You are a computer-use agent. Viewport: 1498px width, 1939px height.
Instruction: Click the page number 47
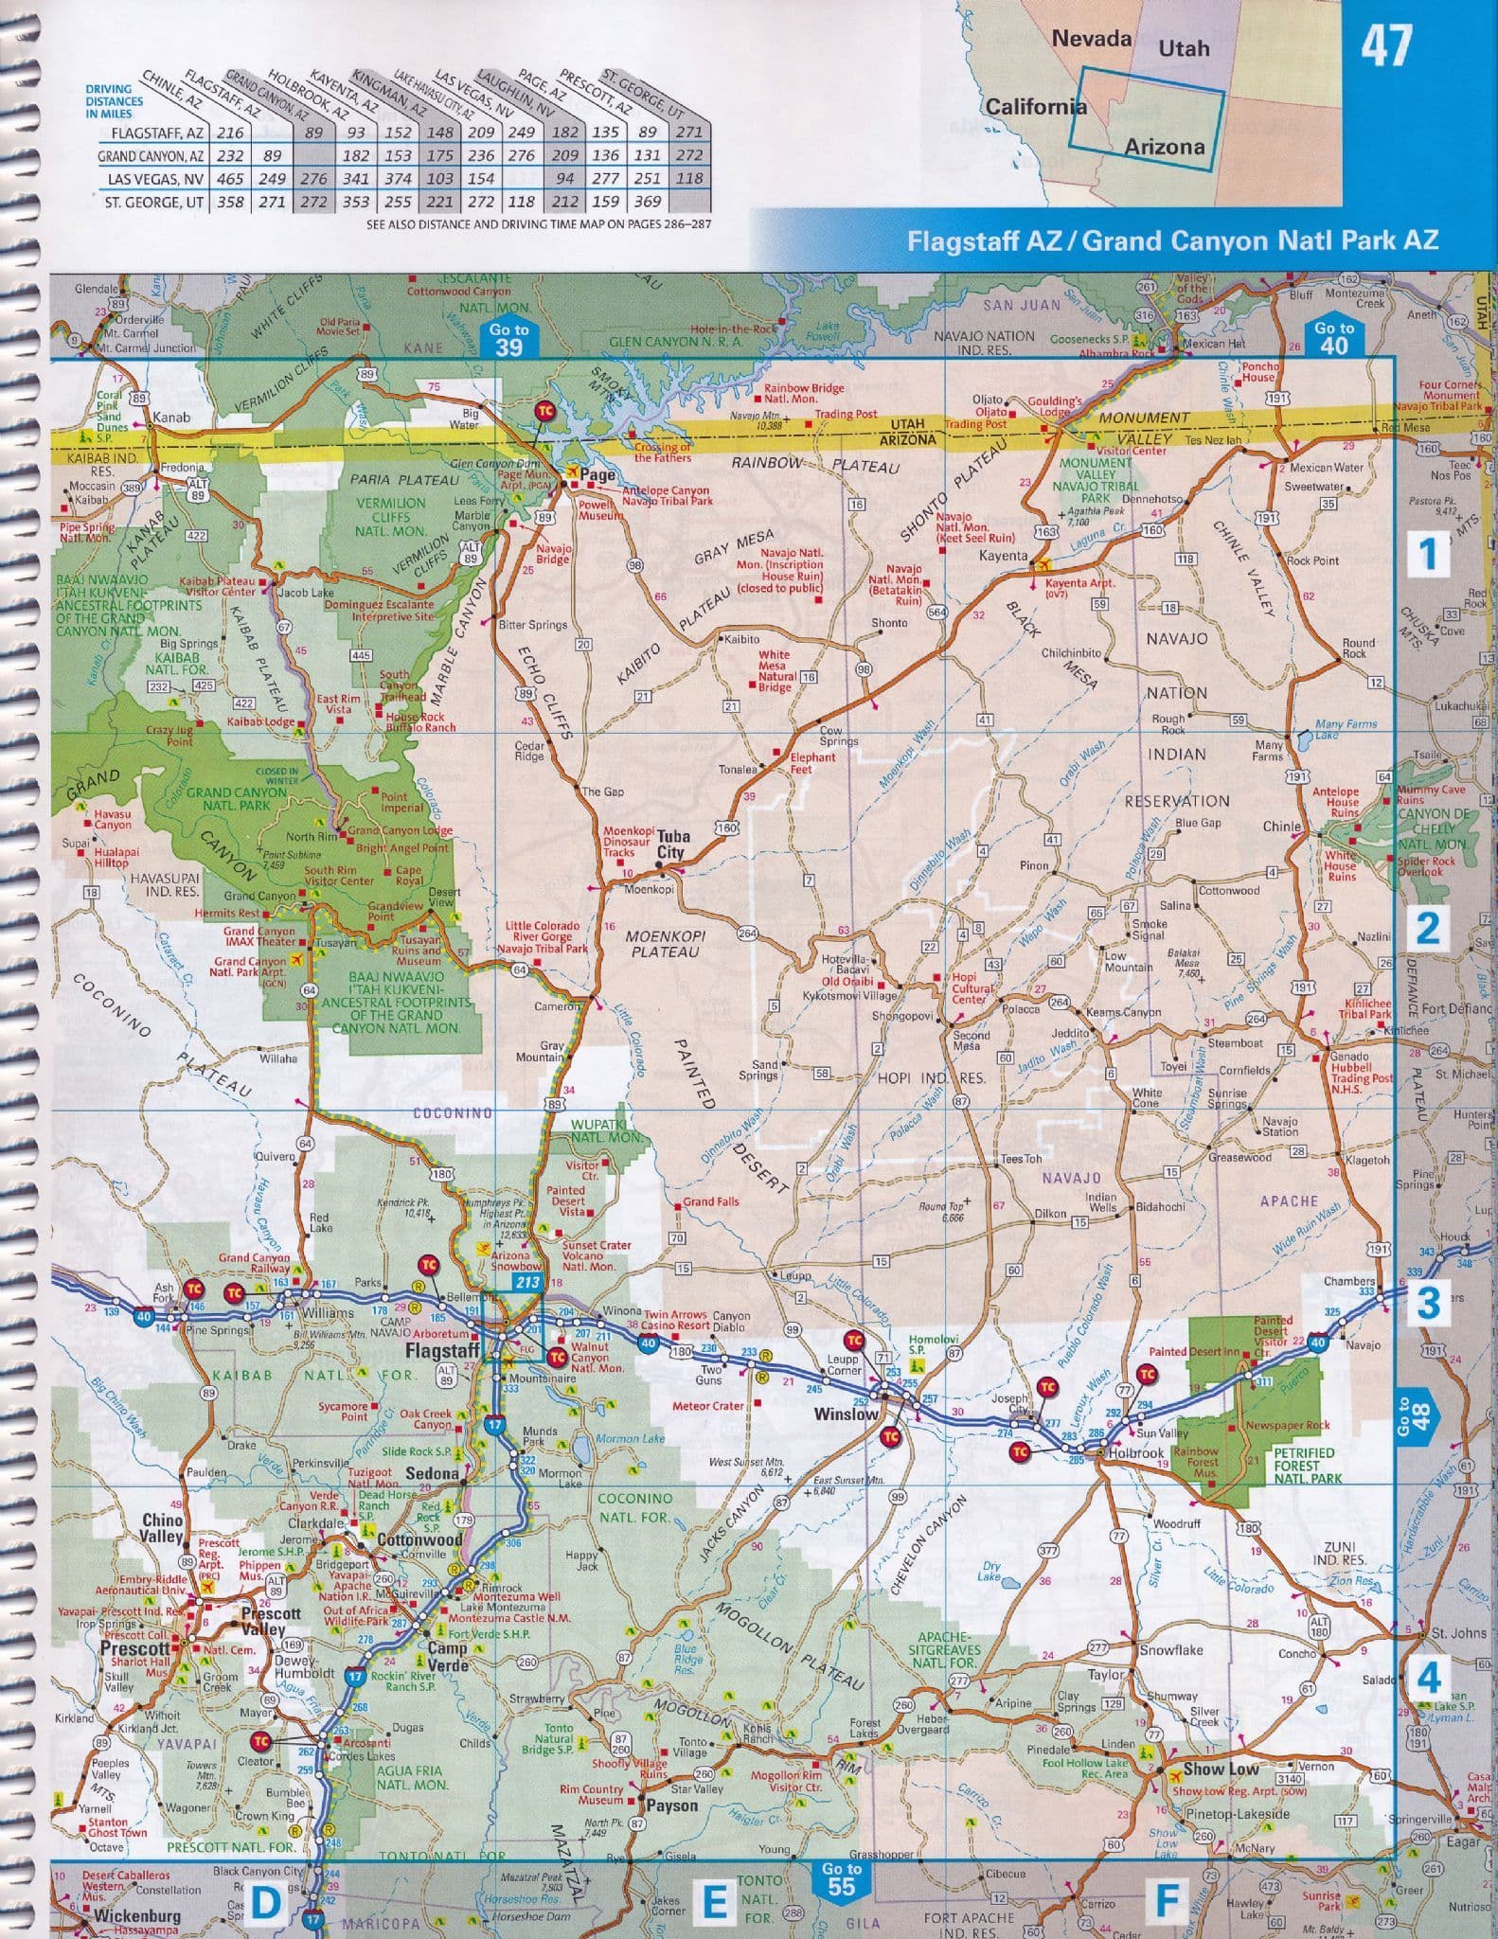(1385, 45)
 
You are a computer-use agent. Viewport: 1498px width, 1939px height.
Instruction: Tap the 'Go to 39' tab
(508, 338)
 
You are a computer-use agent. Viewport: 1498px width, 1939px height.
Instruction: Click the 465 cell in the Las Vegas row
(230, 179)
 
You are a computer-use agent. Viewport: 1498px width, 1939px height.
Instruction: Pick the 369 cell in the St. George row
(648, 202)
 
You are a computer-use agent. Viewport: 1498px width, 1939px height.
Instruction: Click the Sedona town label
(432, 1473)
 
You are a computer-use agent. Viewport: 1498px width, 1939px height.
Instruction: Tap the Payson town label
(671, 1806)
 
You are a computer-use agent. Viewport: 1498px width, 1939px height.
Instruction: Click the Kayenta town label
(1003, 556)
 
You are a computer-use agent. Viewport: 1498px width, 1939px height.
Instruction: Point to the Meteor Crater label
(707, 1405)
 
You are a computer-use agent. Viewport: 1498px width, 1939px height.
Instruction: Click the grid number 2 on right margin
(1427, 928)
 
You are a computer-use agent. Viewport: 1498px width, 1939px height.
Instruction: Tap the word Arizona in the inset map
(1164, 146)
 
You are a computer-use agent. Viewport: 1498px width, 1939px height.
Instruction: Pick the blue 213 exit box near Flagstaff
(526, 1283)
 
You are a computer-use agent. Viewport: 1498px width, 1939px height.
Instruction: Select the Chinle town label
(1282, 827)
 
